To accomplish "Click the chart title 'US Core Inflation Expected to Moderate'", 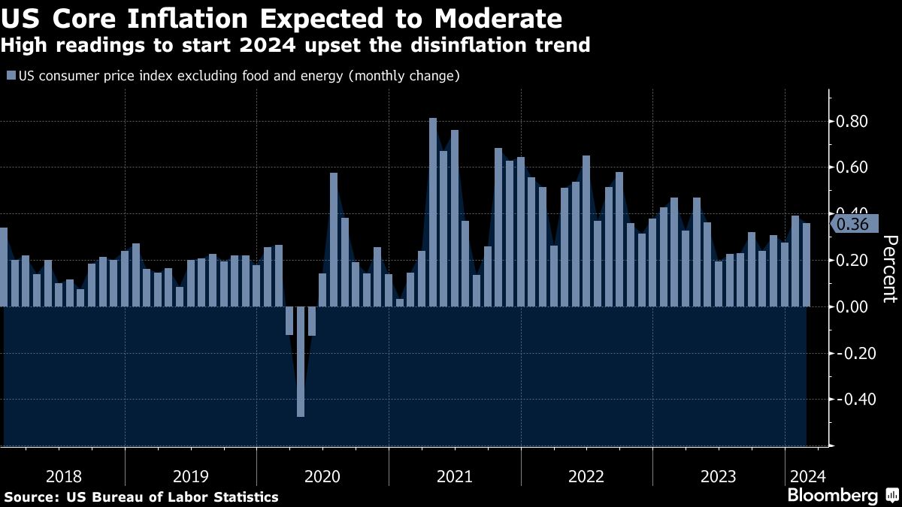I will point(281,18).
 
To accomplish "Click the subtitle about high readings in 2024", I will point(295,46).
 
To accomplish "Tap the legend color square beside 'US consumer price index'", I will point(11,76).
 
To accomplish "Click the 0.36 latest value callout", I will point(852,224).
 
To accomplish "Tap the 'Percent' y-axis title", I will point(889,268).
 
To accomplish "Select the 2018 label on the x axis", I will point(64,476).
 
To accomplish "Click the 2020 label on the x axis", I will point(322,476).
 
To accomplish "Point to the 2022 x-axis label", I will point(586,476).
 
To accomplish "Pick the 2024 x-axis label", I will point(807,476).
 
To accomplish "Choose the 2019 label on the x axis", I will point(191,476).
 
